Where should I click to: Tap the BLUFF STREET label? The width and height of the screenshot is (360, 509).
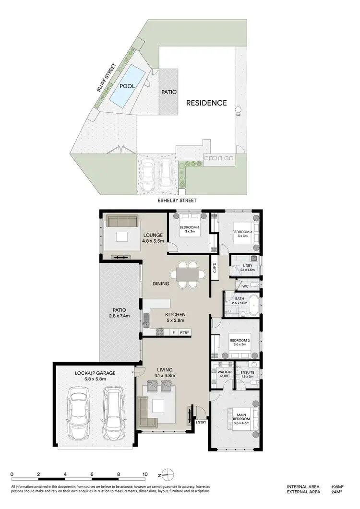point(102,78)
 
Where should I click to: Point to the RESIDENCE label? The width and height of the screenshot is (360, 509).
point(206,103)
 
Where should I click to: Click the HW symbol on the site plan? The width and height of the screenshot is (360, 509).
point(238,116)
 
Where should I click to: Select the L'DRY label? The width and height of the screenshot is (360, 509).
point(248,265)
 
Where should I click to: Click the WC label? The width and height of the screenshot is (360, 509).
point(245,286)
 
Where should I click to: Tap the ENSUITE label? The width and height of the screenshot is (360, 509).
point(247,372)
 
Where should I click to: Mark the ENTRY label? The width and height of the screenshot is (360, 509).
point(201,423)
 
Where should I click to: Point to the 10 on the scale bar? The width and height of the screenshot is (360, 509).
point(144,474)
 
